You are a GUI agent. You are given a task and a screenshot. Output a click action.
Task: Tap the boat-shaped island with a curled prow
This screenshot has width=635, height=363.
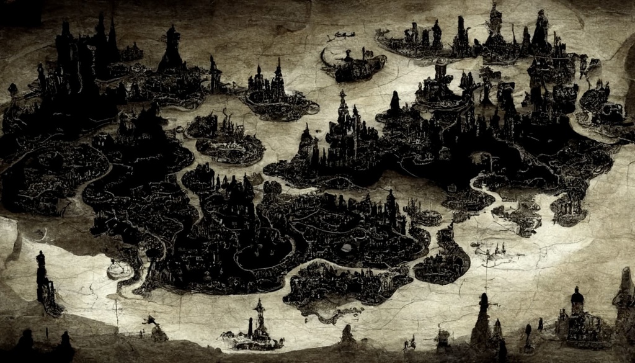tap(353, 65)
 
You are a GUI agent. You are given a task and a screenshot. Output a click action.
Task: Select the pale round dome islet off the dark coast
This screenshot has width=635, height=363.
tap(118, 269)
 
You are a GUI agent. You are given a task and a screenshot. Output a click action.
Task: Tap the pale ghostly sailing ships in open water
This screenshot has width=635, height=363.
tap(490, 251)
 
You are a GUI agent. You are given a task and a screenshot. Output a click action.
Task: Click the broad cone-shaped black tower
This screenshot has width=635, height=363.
tap(171, 50)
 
